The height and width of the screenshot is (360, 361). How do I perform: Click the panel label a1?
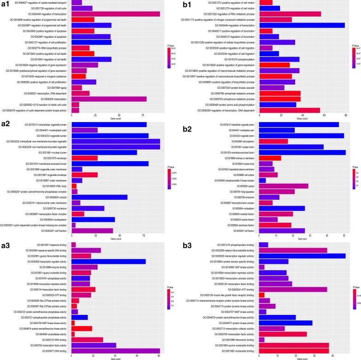coord(6,4)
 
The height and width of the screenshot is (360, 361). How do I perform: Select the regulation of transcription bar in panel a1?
coord(116,14)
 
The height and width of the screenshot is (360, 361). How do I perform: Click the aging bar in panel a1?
coord(76,87)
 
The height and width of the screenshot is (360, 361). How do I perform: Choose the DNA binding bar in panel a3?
coord(116,351)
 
